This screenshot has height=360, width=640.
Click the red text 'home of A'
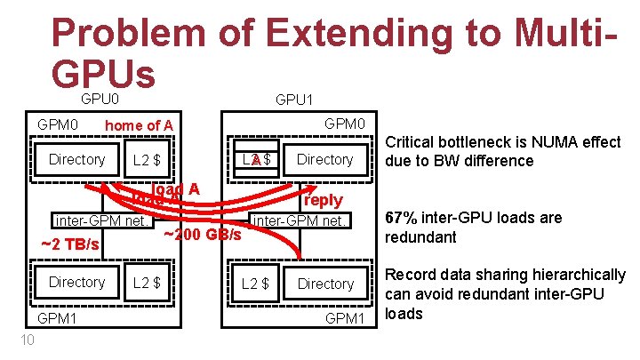[x=139, y=125]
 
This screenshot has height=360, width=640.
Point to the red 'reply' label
[x=323, y=200]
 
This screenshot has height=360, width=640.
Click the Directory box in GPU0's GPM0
[x=77, y=160]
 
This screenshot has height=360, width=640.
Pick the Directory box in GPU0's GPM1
[x=77, y=283]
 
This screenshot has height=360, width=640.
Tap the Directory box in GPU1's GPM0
[x=325, y=160]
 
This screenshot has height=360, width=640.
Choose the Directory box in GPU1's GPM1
[x=325, y=284]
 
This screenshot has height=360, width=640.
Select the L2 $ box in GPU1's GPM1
[x=257, y=284]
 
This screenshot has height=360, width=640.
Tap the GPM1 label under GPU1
[x=346, y=318]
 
